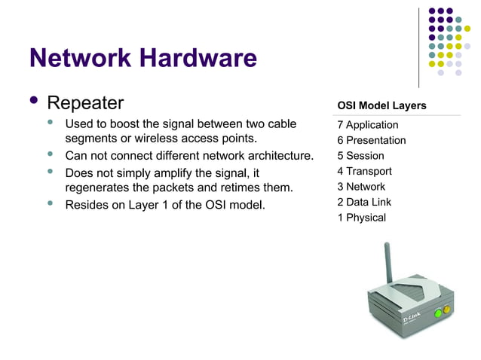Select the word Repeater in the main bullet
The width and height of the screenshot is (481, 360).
85,103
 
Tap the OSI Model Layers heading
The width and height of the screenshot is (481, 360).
381,105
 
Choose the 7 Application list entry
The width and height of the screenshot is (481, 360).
368,125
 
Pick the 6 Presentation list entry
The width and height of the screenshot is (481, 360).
372,141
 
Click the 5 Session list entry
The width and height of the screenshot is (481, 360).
360,156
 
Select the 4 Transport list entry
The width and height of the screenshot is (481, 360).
364,171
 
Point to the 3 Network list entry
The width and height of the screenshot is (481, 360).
361,187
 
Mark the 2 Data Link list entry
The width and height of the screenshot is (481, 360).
364,202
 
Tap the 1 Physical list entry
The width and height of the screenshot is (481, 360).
361,218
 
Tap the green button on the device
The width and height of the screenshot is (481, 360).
436,311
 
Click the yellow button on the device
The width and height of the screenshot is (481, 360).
446,307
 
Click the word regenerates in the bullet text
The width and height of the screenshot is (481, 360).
97,188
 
